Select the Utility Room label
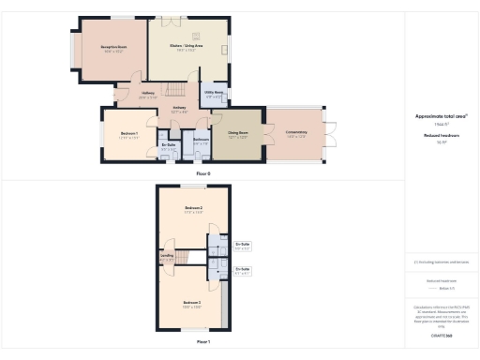[214, 94]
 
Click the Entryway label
[178, 109]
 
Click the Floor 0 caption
[203, 173]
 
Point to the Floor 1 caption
[203, 342]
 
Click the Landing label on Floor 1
[167, 258]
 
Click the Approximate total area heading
[441, 116]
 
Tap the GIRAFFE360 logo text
[441, 334]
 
